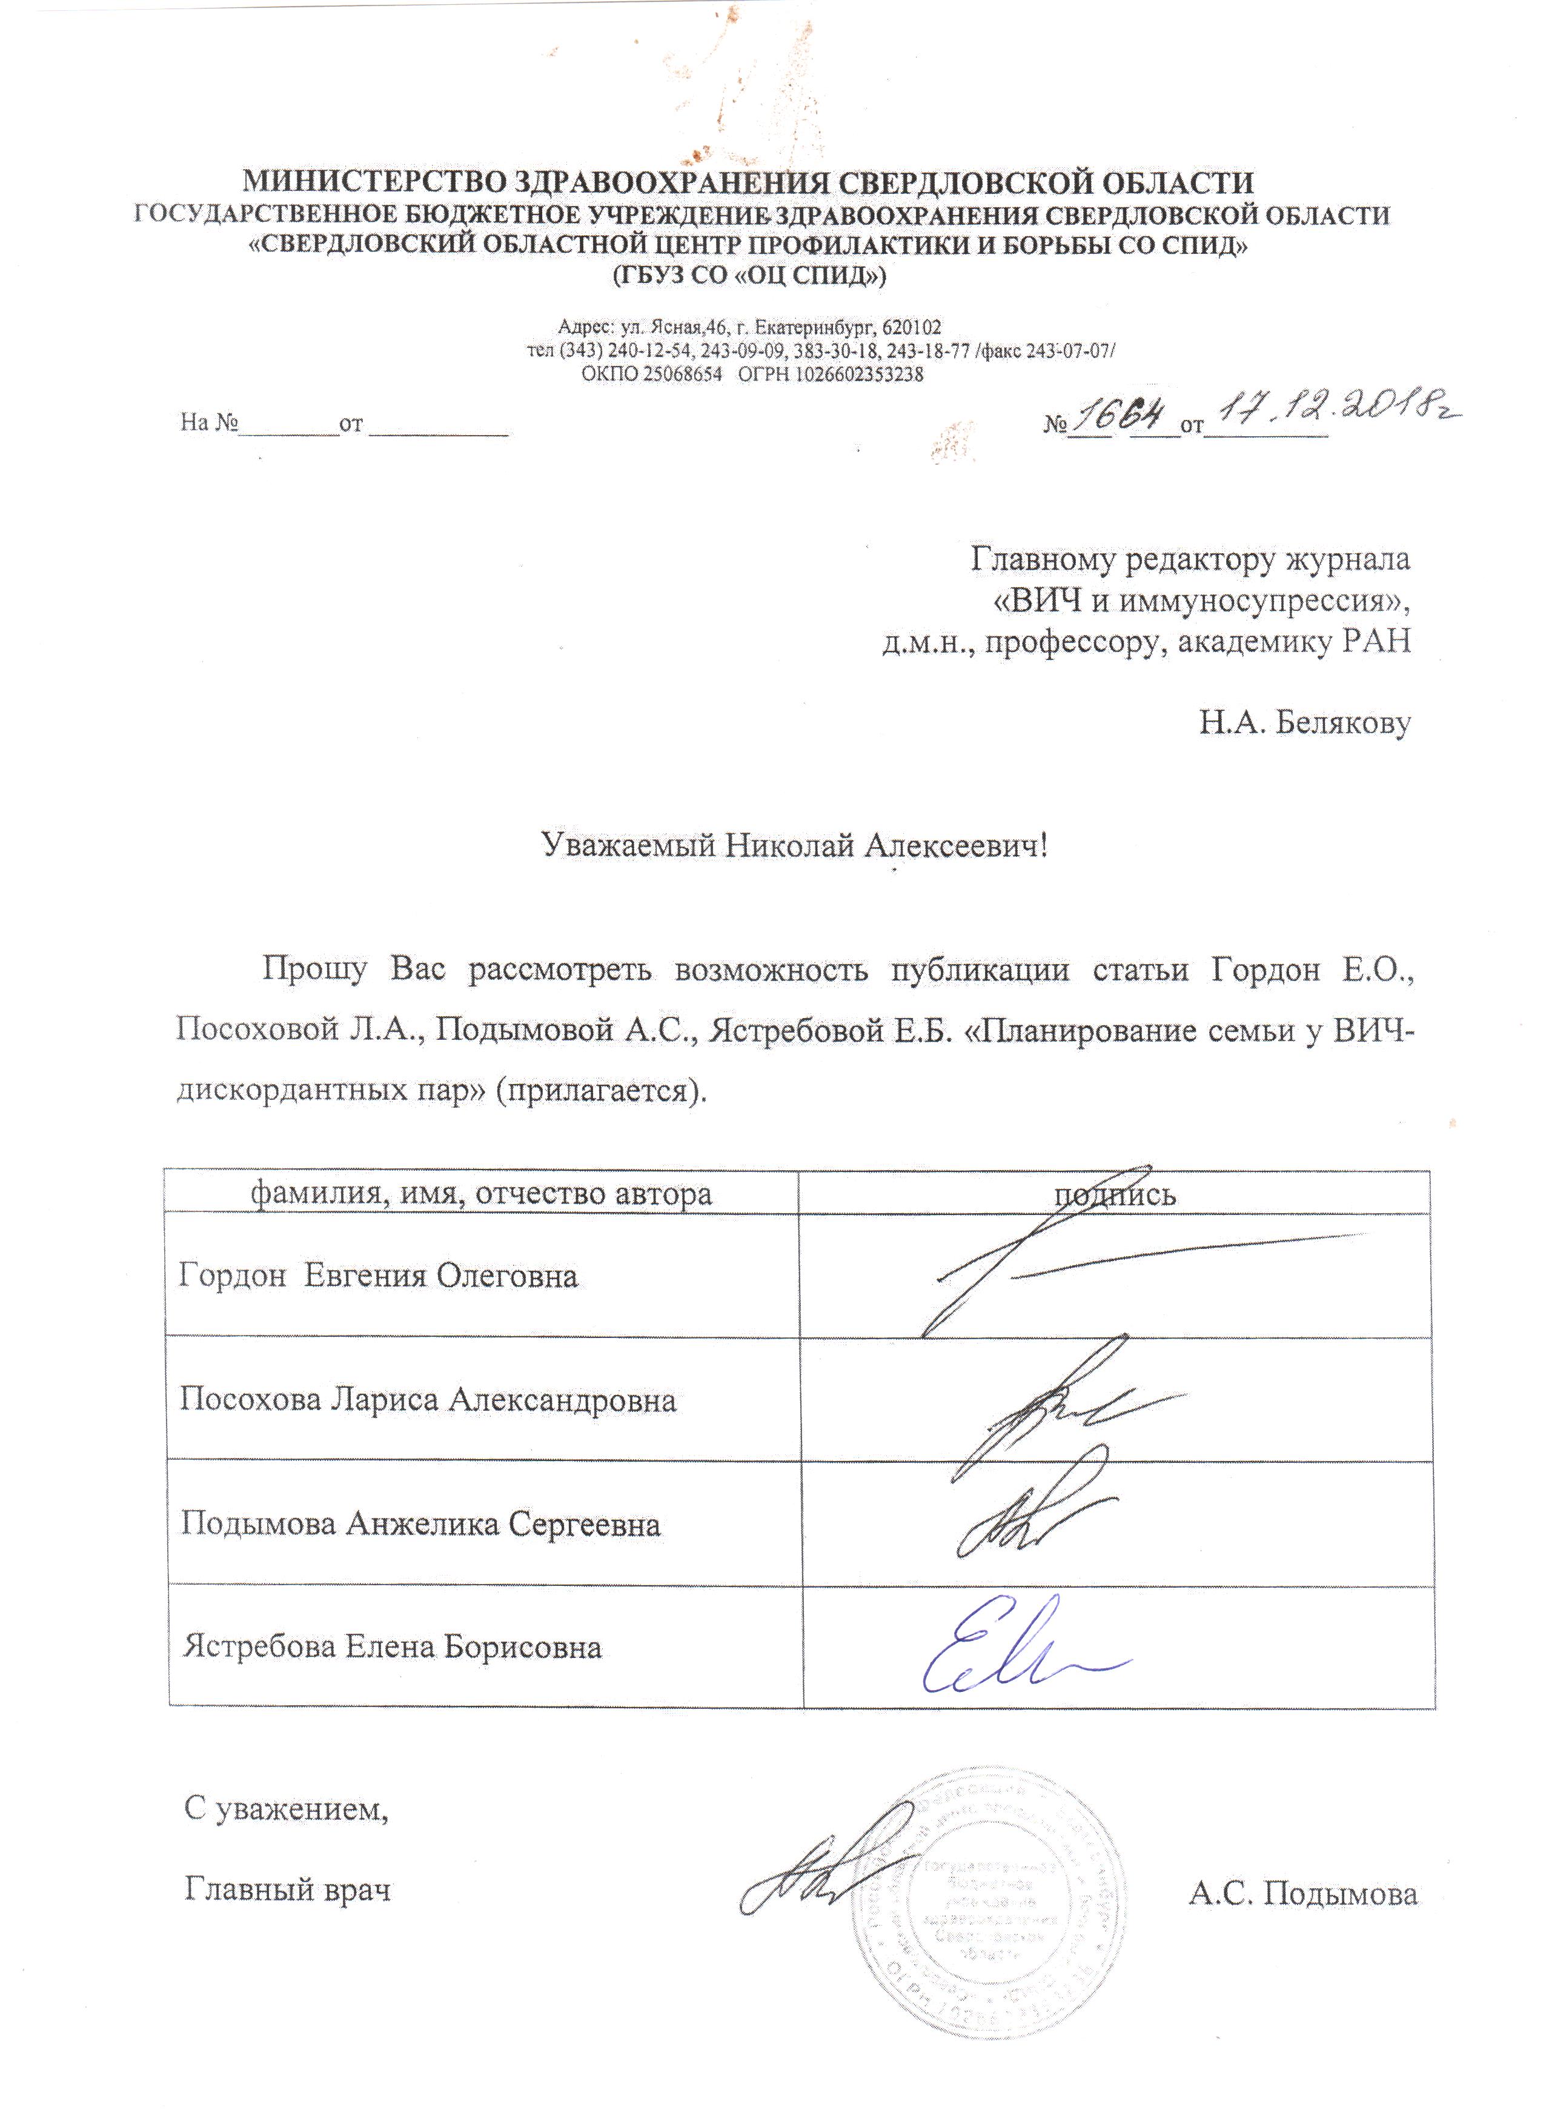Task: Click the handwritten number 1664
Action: (x=1120, y=416)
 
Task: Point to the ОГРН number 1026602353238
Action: (x=859, y=374)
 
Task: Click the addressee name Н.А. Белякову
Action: (x=1304, y=722)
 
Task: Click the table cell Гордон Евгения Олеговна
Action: (x=378, y=1276)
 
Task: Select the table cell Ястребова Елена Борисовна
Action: (x=392, y=1647)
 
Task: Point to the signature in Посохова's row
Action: (x=1060, y=1406)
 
